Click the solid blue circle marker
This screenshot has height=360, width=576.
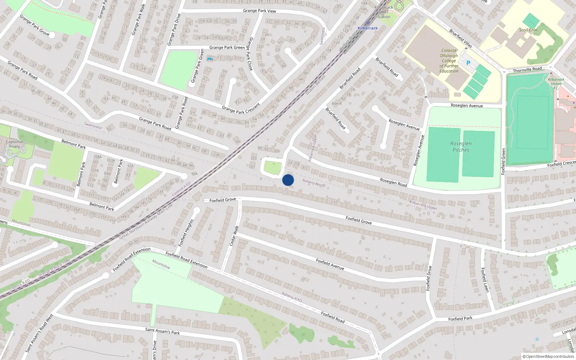point(288,180)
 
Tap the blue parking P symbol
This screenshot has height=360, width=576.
point(468,63)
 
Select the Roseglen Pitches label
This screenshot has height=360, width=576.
point(461,147)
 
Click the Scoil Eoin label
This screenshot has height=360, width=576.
point(528,30)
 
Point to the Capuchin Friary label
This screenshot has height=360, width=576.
point(14,144)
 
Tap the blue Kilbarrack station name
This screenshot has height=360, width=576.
point(368,28)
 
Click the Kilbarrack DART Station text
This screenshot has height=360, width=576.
point(384,12)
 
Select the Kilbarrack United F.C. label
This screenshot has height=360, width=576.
point(556,84)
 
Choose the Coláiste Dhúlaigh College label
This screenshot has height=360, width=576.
point(449,61)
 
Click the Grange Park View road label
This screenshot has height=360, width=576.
point(259,11)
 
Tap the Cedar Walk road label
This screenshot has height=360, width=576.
point(234,236)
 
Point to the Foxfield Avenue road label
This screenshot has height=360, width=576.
point(330,264)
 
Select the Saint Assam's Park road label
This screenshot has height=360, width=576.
point(162,331)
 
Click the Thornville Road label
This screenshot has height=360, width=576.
point(527,69)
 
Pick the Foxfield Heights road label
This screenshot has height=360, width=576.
point(186,233)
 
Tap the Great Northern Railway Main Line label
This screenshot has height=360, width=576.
point(146,221)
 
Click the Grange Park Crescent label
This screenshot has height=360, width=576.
point(241,109)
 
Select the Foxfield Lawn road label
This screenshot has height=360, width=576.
point(485,280)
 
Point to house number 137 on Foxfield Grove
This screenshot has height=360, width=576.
point(334,202)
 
